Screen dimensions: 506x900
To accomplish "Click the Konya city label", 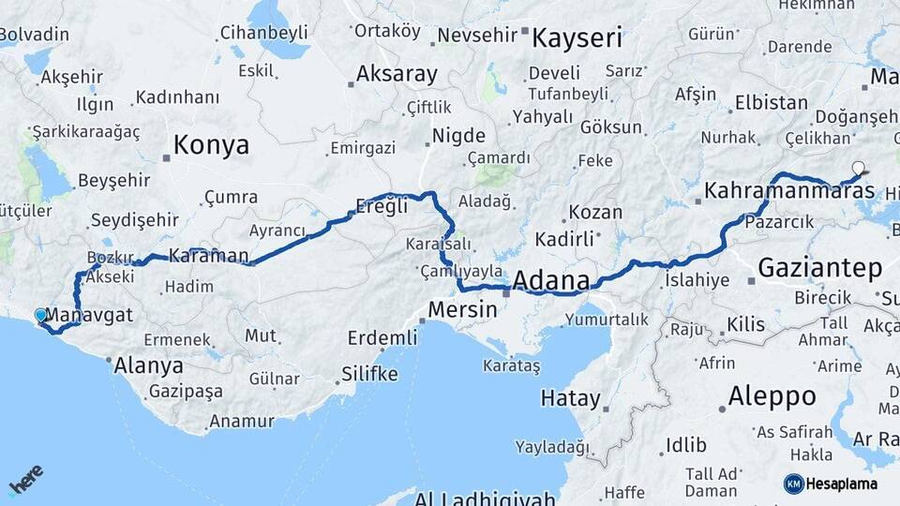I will point(212,145).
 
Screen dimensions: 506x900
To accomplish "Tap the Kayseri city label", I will point(577,38).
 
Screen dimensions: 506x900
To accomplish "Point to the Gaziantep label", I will point(820,268).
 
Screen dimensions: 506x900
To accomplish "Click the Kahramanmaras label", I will point(789,191).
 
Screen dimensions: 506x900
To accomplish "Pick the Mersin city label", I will point(462,308).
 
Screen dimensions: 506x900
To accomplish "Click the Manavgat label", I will point(89,315).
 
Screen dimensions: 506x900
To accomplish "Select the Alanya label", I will point(148,365).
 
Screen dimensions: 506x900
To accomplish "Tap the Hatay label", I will point(570,398).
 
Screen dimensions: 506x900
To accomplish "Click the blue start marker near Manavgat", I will point(40,316).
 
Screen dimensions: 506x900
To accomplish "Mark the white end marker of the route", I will point(858,170).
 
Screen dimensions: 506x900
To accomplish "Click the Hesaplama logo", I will point(833,484).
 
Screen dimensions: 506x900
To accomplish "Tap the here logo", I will point(25,480).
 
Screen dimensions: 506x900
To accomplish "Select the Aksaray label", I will point(397,74).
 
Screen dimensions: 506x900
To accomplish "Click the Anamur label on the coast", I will point(241,422).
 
